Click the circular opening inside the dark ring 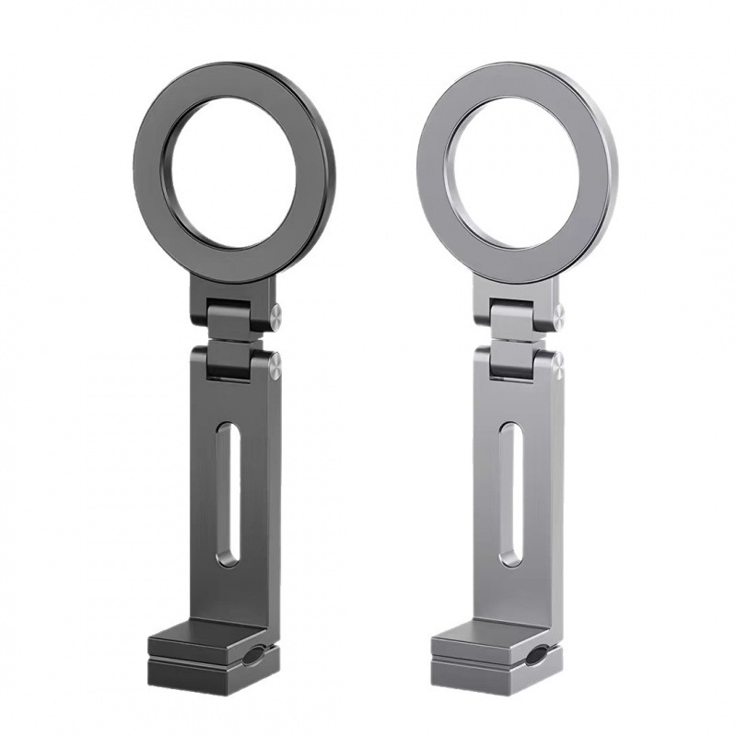233,172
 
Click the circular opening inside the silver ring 516,172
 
